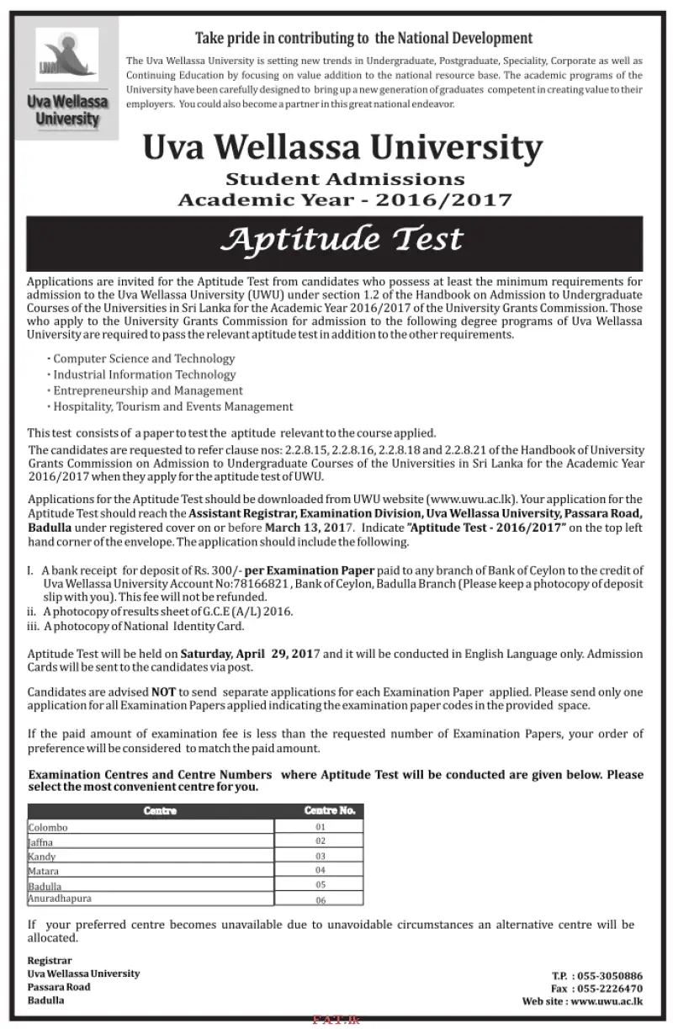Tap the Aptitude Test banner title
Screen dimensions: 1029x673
pyautogui.click(x=342, y=239)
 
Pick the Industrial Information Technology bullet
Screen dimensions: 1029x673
pyautogui.click(x=144, y=374)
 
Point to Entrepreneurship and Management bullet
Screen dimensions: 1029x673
pyautogui.click(x=147, y=390)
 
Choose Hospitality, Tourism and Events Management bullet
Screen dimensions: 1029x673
pyautogui.click(x=172, y=406)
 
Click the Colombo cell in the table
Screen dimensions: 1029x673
pyautogui.click(x=48, y=827)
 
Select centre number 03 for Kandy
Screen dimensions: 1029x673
pyautogui.click(x=320, y=855)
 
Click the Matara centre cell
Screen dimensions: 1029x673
pyautogui.click(x=44, y=870)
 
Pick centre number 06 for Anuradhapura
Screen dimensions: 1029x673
pyautogui.click(x=320, y=901)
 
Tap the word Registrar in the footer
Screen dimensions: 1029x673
pyautogui.click(x=50, y=960)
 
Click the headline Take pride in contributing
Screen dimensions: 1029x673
pyautogui.click(x=363, y=38)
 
